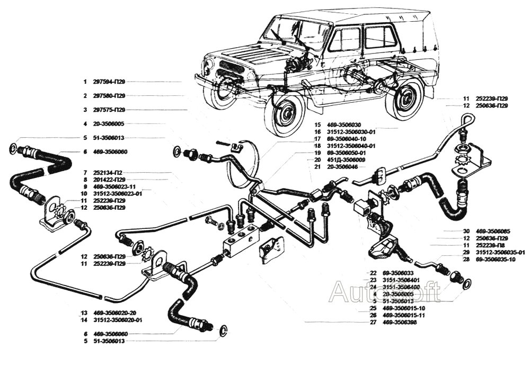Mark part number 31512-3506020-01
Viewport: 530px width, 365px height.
point(115,320)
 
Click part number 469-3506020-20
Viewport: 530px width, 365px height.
point(114,313)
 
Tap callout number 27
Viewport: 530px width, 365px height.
point(373,322)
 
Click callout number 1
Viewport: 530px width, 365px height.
point(84,82)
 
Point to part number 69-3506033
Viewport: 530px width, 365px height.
point(398,273)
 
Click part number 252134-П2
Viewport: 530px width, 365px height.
point(109,173)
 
